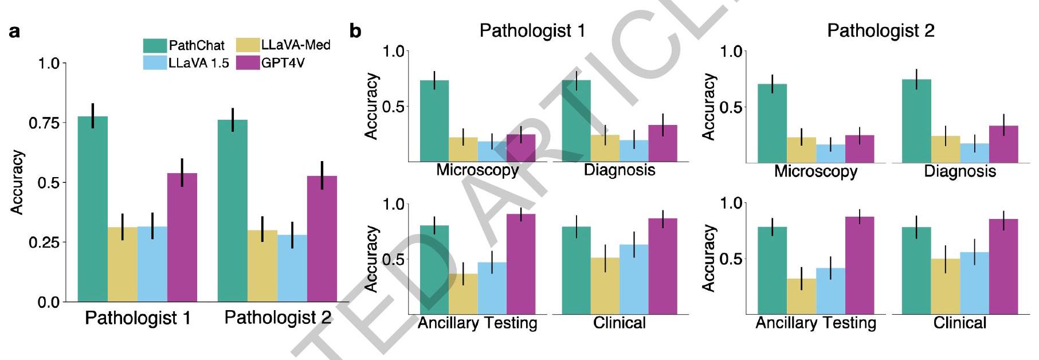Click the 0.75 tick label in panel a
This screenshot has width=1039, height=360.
point(44,123)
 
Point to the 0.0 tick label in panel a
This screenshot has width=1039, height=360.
point(48,302)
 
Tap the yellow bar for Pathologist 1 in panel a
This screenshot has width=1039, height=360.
point(123,264)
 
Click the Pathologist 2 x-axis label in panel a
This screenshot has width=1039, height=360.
point(278,318)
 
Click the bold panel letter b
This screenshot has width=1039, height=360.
point(355,31)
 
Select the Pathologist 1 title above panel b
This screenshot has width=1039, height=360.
point(532,30)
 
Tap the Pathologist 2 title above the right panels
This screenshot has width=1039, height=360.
point(880,30)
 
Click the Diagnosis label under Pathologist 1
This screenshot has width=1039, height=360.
point(620,170)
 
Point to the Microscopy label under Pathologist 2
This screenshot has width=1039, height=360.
point(815,171)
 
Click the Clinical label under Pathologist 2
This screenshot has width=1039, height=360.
point(960,323)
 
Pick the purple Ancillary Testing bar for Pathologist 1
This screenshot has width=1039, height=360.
point(521,264)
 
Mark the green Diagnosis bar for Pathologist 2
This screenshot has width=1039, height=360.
point(916,121)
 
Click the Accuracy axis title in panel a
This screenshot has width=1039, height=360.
point(18,182)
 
